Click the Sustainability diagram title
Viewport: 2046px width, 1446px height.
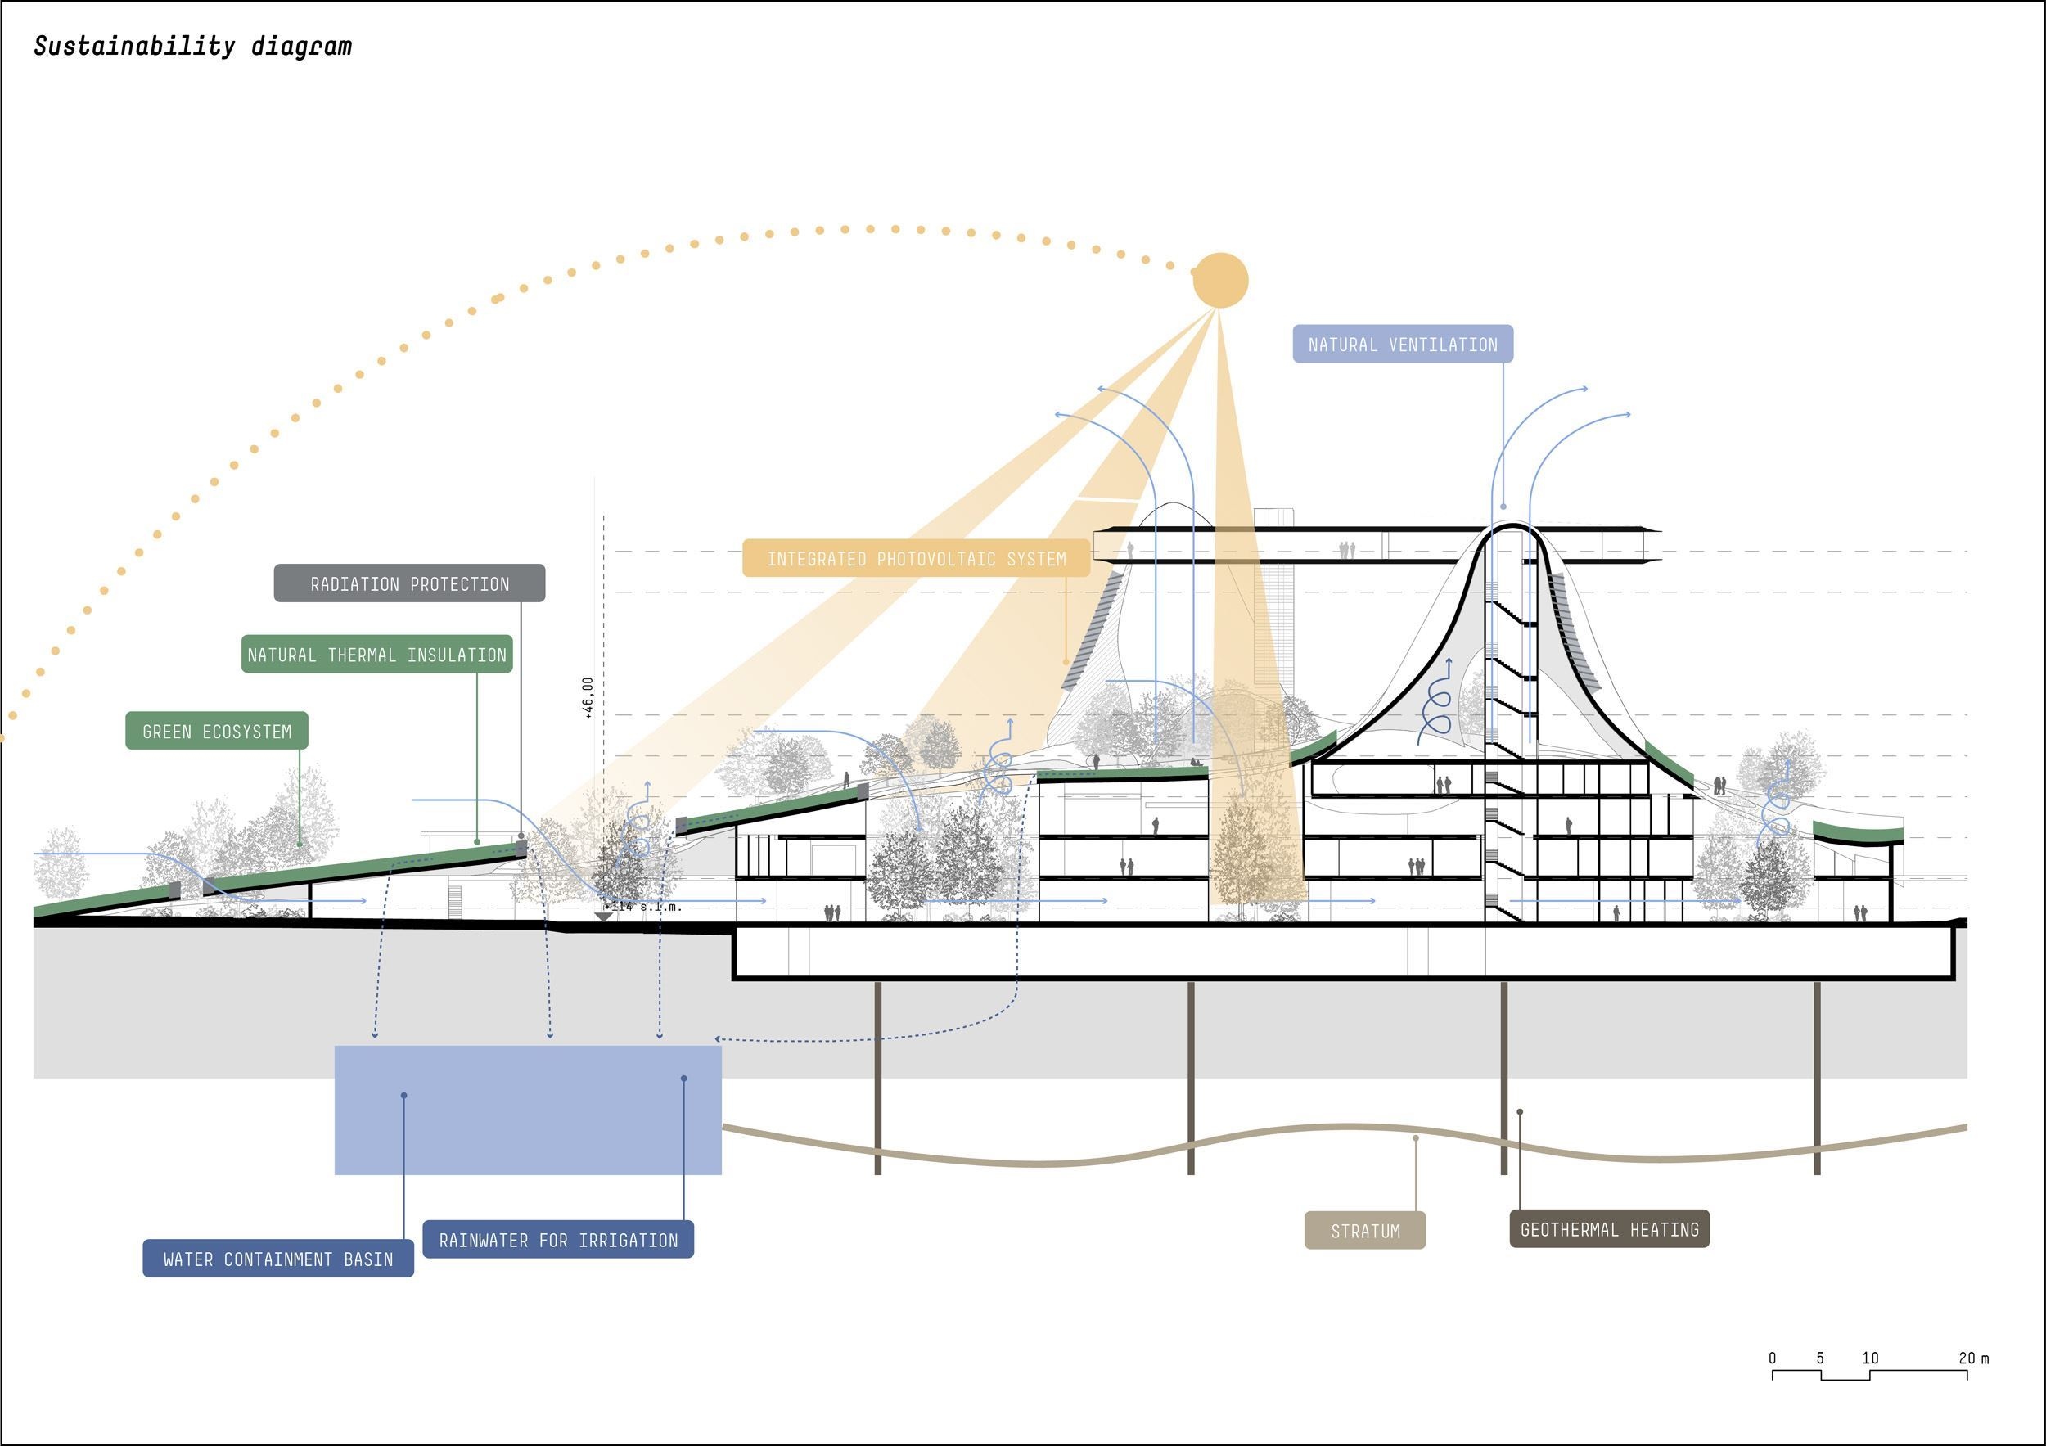click(192, 47)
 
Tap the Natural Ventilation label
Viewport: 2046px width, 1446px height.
click(1402, 344)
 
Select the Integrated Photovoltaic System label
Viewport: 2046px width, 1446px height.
click(916, 559)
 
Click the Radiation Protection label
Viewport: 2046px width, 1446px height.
click(409, 583)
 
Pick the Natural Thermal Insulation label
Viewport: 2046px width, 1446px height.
click(377, 655)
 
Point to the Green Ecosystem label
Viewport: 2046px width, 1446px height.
click(217, 732)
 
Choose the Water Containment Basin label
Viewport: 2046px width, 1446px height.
click(278, 1259)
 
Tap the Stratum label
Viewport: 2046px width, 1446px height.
click(1364, 1232)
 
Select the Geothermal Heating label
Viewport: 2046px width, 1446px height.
click(1608, 1229)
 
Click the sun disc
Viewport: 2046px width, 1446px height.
click(1220, 280)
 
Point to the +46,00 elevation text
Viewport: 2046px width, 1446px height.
click(588, 697)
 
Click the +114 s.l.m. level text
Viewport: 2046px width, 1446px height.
click(643, 906)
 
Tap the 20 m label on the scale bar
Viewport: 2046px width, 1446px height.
click(1973, 1358)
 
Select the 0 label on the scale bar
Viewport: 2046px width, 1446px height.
click(1773, 1358)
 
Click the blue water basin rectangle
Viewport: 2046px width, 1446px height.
click(528, 1110)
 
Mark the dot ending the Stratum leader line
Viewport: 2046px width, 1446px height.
click(1416, 1138)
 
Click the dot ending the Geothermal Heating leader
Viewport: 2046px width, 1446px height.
click(1519, 1112)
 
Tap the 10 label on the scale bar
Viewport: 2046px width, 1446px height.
click(1869, 1358)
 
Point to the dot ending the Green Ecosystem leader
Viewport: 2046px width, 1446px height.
click(300, 843)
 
